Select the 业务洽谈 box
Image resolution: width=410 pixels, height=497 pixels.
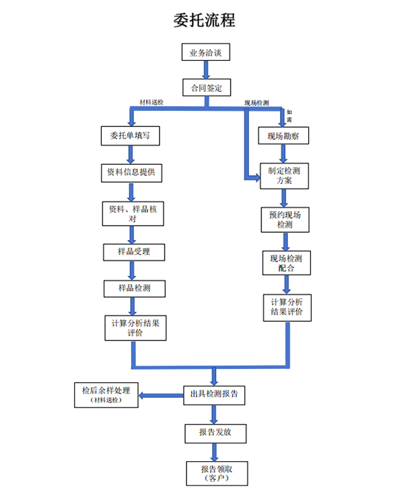point(205,52)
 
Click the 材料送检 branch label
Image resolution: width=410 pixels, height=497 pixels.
point(151,103)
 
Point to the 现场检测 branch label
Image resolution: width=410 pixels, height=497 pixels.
point(256,103)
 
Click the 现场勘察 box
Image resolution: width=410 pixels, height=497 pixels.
point(283,137)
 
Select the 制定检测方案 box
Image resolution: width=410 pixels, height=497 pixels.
point(284,176)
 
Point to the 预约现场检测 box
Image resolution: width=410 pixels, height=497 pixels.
point(284,220)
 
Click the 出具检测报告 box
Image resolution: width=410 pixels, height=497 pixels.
point(214,394)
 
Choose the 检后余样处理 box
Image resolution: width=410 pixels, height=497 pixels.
point(106,394)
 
